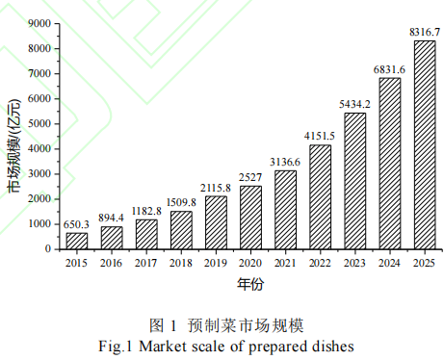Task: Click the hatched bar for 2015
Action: (x=76, y=241)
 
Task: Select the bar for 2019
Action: (x=216, y=222)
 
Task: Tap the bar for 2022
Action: (x=320, y=196)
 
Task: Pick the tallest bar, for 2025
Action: (x=425, y=144)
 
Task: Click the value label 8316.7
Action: (x=424, y=32)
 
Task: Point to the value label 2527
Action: (x=250, y=176)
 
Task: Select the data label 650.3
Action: (x=76, y=223)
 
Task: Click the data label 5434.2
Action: (x=354, y=104)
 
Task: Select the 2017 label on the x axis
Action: (x=146, y=262)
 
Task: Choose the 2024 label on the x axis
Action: (x=389, y=262)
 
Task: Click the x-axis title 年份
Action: (x=250, y=285)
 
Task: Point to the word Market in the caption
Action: (x=162, y=345)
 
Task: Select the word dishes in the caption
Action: (x=335, y=345)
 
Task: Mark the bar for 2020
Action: (x=250, y=218)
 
